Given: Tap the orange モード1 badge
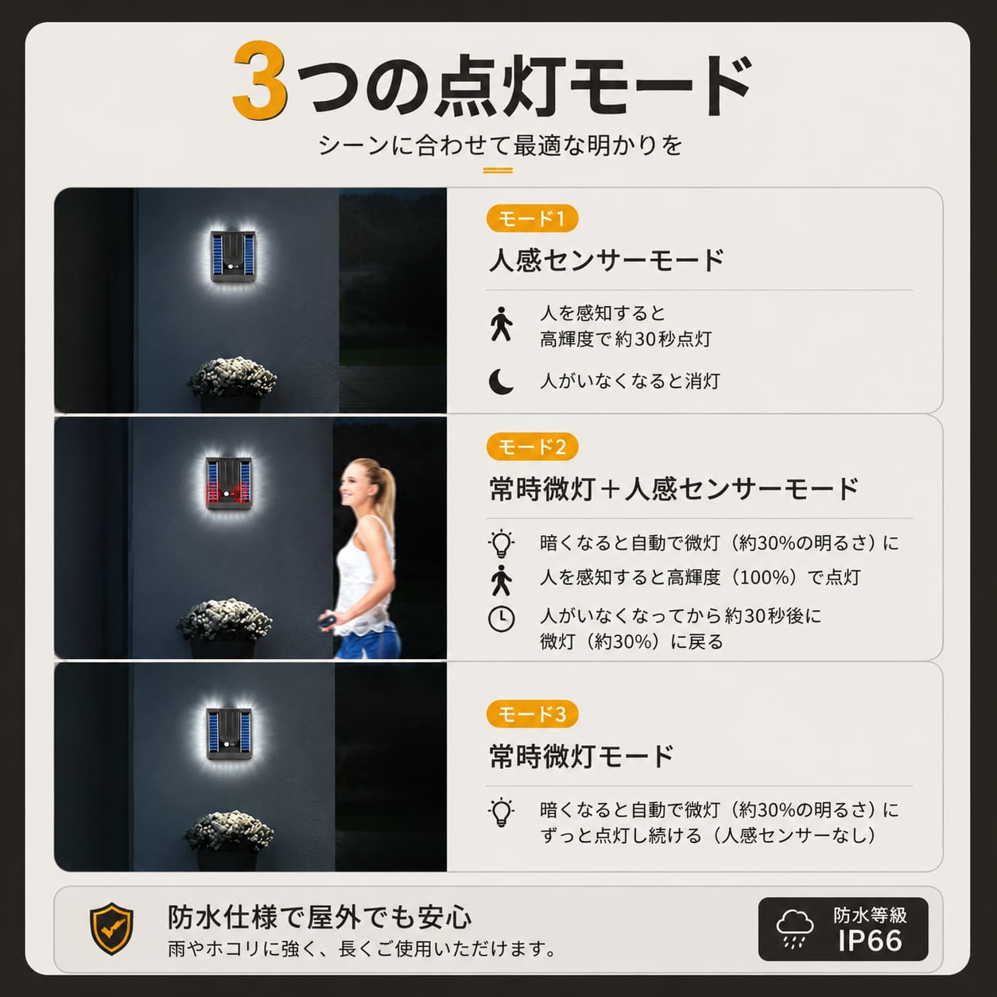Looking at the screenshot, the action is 532,219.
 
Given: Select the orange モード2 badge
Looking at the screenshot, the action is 532,447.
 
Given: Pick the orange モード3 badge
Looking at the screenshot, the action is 532,714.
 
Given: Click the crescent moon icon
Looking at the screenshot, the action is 501,382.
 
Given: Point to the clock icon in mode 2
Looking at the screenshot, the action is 502,619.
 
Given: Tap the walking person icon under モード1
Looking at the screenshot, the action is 501,324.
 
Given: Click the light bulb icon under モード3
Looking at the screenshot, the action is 501,813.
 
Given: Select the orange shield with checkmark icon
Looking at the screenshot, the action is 111,929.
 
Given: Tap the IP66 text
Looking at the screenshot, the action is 871,941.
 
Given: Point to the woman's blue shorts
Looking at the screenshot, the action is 368,640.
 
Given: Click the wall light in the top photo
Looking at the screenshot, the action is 233,256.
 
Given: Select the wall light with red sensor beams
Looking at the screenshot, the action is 229,483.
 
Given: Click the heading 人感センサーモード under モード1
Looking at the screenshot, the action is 607,260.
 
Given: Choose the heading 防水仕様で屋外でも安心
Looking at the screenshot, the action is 320,917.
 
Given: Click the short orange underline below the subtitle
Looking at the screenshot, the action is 498,170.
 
